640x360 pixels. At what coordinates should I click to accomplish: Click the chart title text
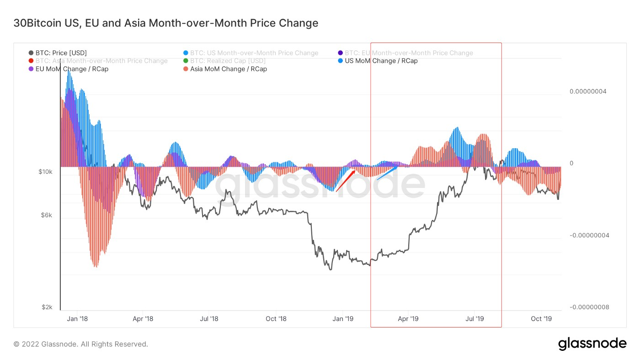(x=166, y=23)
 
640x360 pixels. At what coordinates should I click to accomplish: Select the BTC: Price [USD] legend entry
(x=58, y=53)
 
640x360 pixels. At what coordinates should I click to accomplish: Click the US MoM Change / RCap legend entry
(x=378, y=61)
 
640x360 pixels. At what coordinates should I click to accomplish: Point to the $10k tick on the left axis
(x=45, y=172)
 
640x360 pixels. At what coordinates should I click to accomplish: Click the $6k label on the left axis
(x=47, y=215)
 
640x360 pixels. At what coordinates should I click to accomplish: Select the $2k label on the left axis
(x=47, y=307)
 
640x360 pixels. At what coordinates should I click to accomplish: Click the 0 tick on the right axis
(x=571, y=163)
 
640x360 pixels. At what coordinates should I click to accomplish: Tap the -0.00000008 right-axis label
(x=589, y=307)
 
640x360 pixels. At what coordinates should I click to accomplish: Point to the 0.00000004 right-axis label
(x=588, y=91)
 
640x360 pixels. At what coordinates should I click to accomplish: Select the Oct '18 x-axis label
(x=276, y=319)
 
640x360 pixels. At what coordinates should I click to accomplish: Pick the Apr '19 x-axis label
(x=408, y=319)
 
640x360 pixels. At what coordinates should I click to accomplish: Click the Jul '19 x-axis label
(x=475, y=319)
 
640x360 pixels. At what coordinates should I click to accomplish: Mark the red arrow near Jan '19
(x=346, y=181)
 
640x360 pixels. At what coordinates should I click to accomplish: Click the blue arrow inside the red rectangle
(x=387, y=173)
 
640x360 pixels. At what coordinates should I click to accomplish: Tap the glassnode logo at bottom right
(x=592, y=344)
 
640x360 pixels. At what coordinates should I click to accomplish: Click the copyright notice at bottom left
(x=81, y=344)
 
